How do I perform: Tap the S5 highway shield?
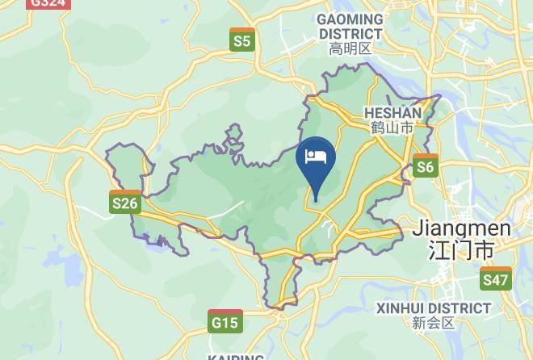[x=241, y=40]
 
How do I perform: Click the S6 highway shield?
[x=425, y=166]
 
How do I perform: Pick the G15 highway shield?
[x=225, y=322]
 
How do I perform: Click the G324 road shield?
[x=48, y=3]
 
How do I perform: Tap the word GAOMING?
[x=350, y=19]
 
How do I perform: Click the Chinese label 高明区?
[x=350, y=48]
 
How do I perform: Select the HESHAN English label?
[x=393, y=113]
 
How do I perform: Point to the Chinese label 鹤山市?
[x=393, y=128]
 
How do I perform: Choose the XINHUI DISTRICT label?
[x=434, y=308]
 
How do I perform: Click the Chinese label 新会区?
[x=434, y=323]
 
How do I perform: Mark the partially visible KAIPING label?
[x=235, y=356]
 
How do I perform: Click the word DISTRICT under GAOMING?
[x=350, y=34]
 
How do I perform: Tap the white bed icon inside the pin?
[x=314, y=155]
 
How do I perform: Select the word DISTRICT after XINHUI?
[x=462, y=308]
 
